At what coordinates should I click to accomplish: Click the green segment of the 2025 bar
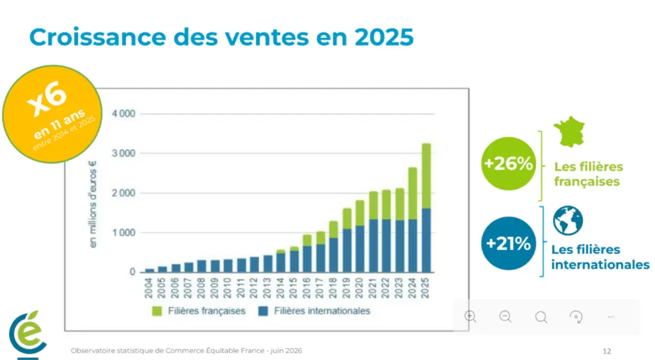[x=426, y=176]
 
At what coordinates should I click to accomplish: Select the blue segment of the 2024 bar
[x=413, y=246]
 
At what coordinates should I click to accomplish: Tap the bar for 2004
[x=149, y=270]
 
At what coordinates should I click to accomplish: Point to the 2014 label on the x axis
[x=280, y=288]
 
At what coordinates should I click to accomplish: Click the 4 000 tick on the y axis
[x=123, y=114]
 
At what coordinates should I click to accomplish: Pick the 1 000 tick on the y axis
[x=123, y=233]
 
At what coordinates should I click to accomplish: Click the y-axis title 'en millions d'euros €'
[x=92, y=204]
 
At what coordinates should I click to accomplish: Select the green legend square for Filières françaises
[x=157, y=311]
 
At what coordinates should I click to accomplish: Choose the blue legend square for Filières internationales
[x=263, y=311]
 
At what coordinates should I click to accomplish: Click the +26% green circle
[x=509, y=164]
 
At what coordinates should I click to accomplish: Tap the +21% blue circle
[x=509, y=243]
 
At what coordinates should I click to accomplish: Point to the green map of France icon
[x=569, y=131]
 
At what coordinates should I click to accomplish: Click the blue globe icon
[x=568, y=221]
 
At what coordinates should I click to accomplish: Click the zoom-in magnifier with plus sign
[x=470, y=317]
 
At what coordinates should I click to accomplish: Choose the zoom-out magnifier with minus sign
[x=505, y=317]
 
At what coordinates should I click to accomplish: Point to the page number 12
[x=607, y=351]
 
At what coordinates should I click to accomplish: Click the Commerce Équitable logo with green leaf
[x=28, y=334]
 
